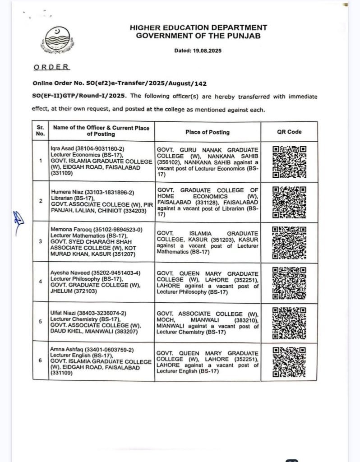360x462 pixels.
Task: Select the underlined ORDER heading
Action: (51, 67)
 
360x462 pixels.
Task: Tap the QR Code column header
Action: (289, 132)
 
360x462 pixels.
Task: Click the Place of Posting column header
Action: (207, 132)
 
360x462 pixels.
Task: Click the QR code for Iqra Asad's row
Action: (289, 162)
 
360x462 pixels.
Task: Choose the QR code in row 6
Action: (289, 361)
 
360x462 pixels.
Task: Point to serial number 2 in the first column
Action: (41, 201)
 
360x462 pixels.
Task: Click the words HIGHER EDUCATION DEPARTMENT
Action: (198, 28)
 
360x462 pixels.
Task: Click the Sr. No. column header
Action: (41, 131)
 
